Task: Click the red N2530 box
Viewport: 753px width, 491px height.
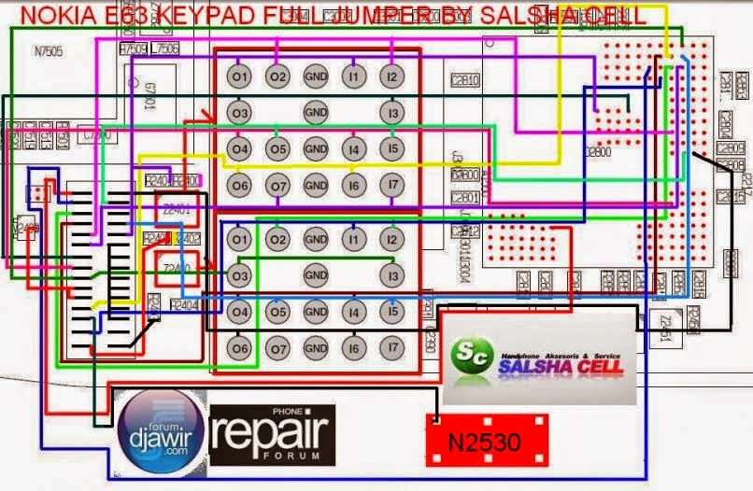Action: click(483, 438)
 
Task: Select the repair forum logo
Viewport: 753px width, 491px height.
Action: click(271, 434)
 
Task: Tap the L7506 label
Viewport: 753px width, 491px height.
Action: click(164, 49)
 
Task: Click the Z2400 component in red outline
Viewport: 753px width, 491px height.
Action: click(174, 268)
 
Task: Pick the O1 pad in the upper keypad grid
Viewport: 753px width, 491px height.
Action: click(241, 76)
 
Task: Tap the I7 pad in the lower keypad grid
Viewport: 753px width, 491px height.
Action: click(393, 348)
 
